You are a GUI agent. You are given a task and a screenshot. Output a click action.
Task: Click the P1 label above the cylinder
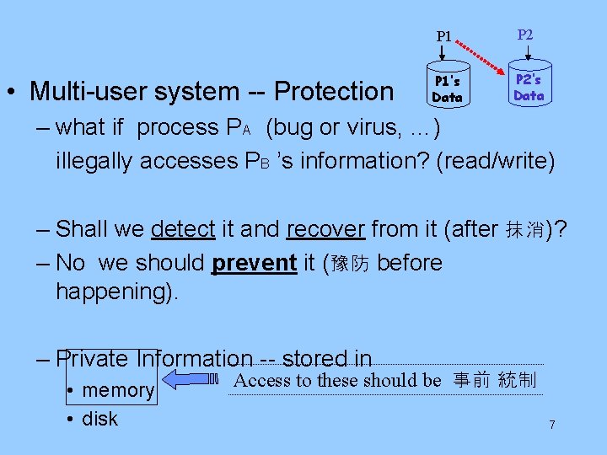click(443, 37)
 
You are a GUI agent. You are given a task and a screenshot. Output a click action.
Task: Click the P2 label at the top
click(524, 35)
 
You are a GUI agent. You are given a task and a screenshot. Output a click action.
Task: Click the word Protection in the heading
click(335, 91)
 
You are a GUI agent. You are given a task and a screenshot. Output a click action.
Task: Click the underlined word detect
click(181, 229)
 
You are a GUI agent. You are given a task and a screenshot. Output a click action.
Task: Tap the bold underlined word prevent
click(254, 263)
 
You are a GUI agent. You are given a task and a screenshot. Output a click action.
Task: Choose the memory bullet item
click(117, 390)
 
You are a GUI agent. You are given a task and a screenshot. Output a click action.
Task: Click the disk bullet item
click(99, 419)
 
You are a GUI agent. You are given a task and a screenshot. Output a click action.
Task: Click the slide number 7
click(552, 425)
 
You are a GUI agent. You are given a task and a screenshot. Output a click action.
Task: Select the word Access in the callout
click(261, 380)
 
